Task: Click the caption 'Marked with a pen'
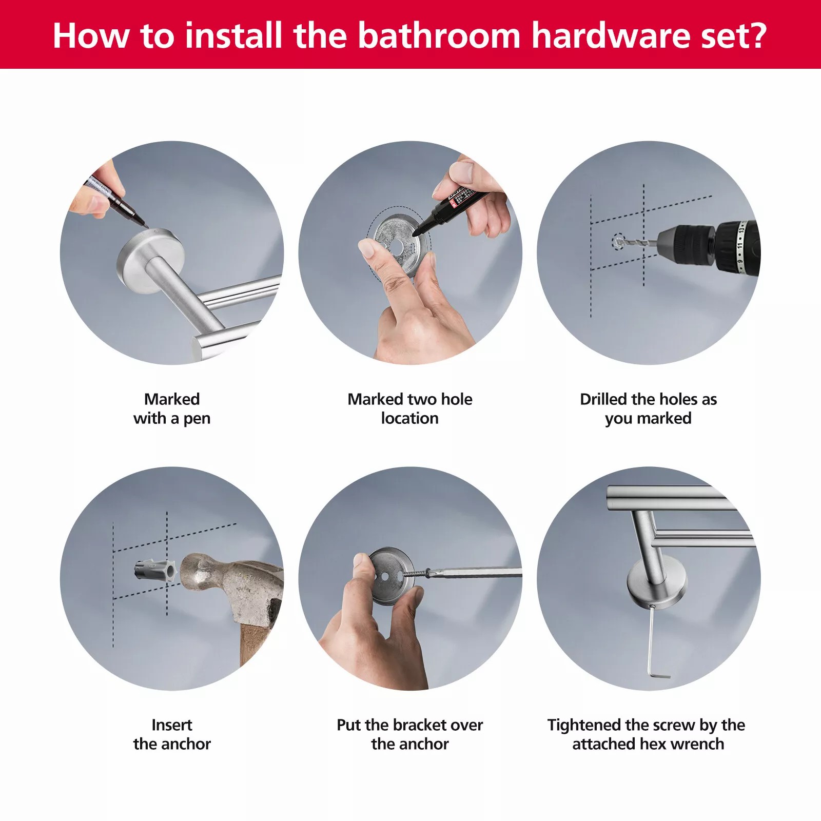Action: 172,408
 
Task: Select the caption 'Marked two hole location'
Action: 410,408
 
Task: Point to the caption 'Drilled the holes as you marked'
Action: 649,408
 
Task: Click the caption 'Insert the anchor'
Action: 172,734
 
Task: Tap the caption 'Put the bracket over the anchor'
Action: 410,734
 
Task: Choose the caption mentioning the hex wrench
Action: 647,734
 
